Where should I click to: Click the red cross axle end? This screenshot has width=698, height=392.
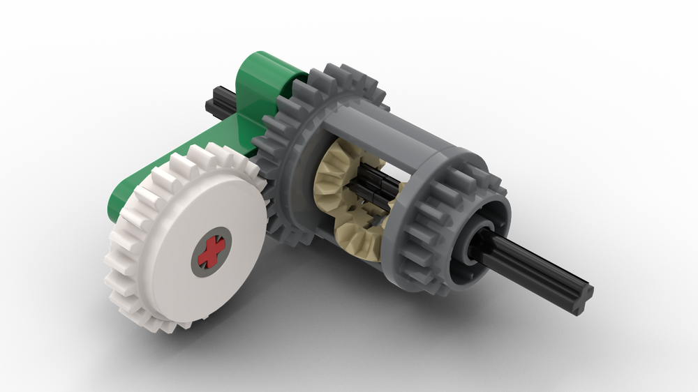[210, 251]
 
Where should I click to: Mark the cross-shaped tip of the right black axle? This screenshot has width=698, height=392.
[583, 293]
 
